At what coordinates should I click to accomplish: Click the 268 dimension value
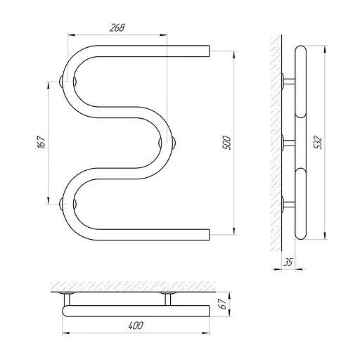coord(117,27)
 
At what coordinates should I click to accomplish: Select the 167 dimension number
coord(41,142)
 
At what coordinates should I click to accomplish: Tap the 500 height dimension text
coord(226,143)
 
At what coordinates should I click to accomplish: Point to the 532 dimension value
coord(318,142)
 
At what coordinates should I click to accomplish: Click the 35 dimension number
coord(288,262)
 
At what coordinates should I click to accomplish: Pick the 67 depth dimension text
coord(223,304)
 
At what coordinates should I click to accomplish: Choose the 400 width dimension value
coord(136,326)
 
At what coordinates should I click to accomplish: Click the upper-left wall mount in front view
coord(67,82)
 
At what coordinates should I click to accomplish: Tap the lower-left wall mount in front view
coord(67,204)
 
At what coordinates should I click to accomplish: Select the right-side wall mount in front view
coord(167,143)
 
